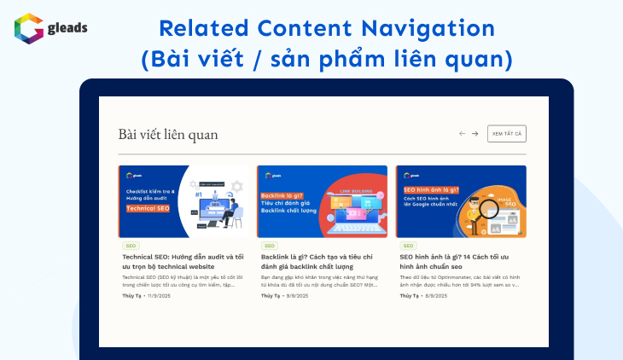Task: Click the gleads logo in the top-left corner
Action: [50, 27]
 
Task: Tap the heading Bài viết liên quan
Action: [168, 134]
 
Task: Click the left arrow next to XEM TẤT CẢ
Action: [463, 134]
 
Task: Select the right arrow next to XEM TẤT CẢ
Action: [475, 134]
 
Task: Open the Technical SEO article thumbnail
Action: [183, 201]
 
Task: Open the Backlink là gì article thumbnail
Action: [322, 201]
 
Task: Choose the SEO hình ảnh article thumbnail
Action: [461, 201]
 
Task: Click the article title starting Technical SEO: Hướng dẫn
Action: [183, 261]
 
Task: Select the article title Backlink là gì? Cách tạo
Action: [322, 261]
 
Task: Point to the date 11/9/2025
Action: [159, 295]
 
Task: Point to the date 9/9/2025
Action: [296, 295]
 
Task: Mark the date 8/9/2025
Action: [435, 295]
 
